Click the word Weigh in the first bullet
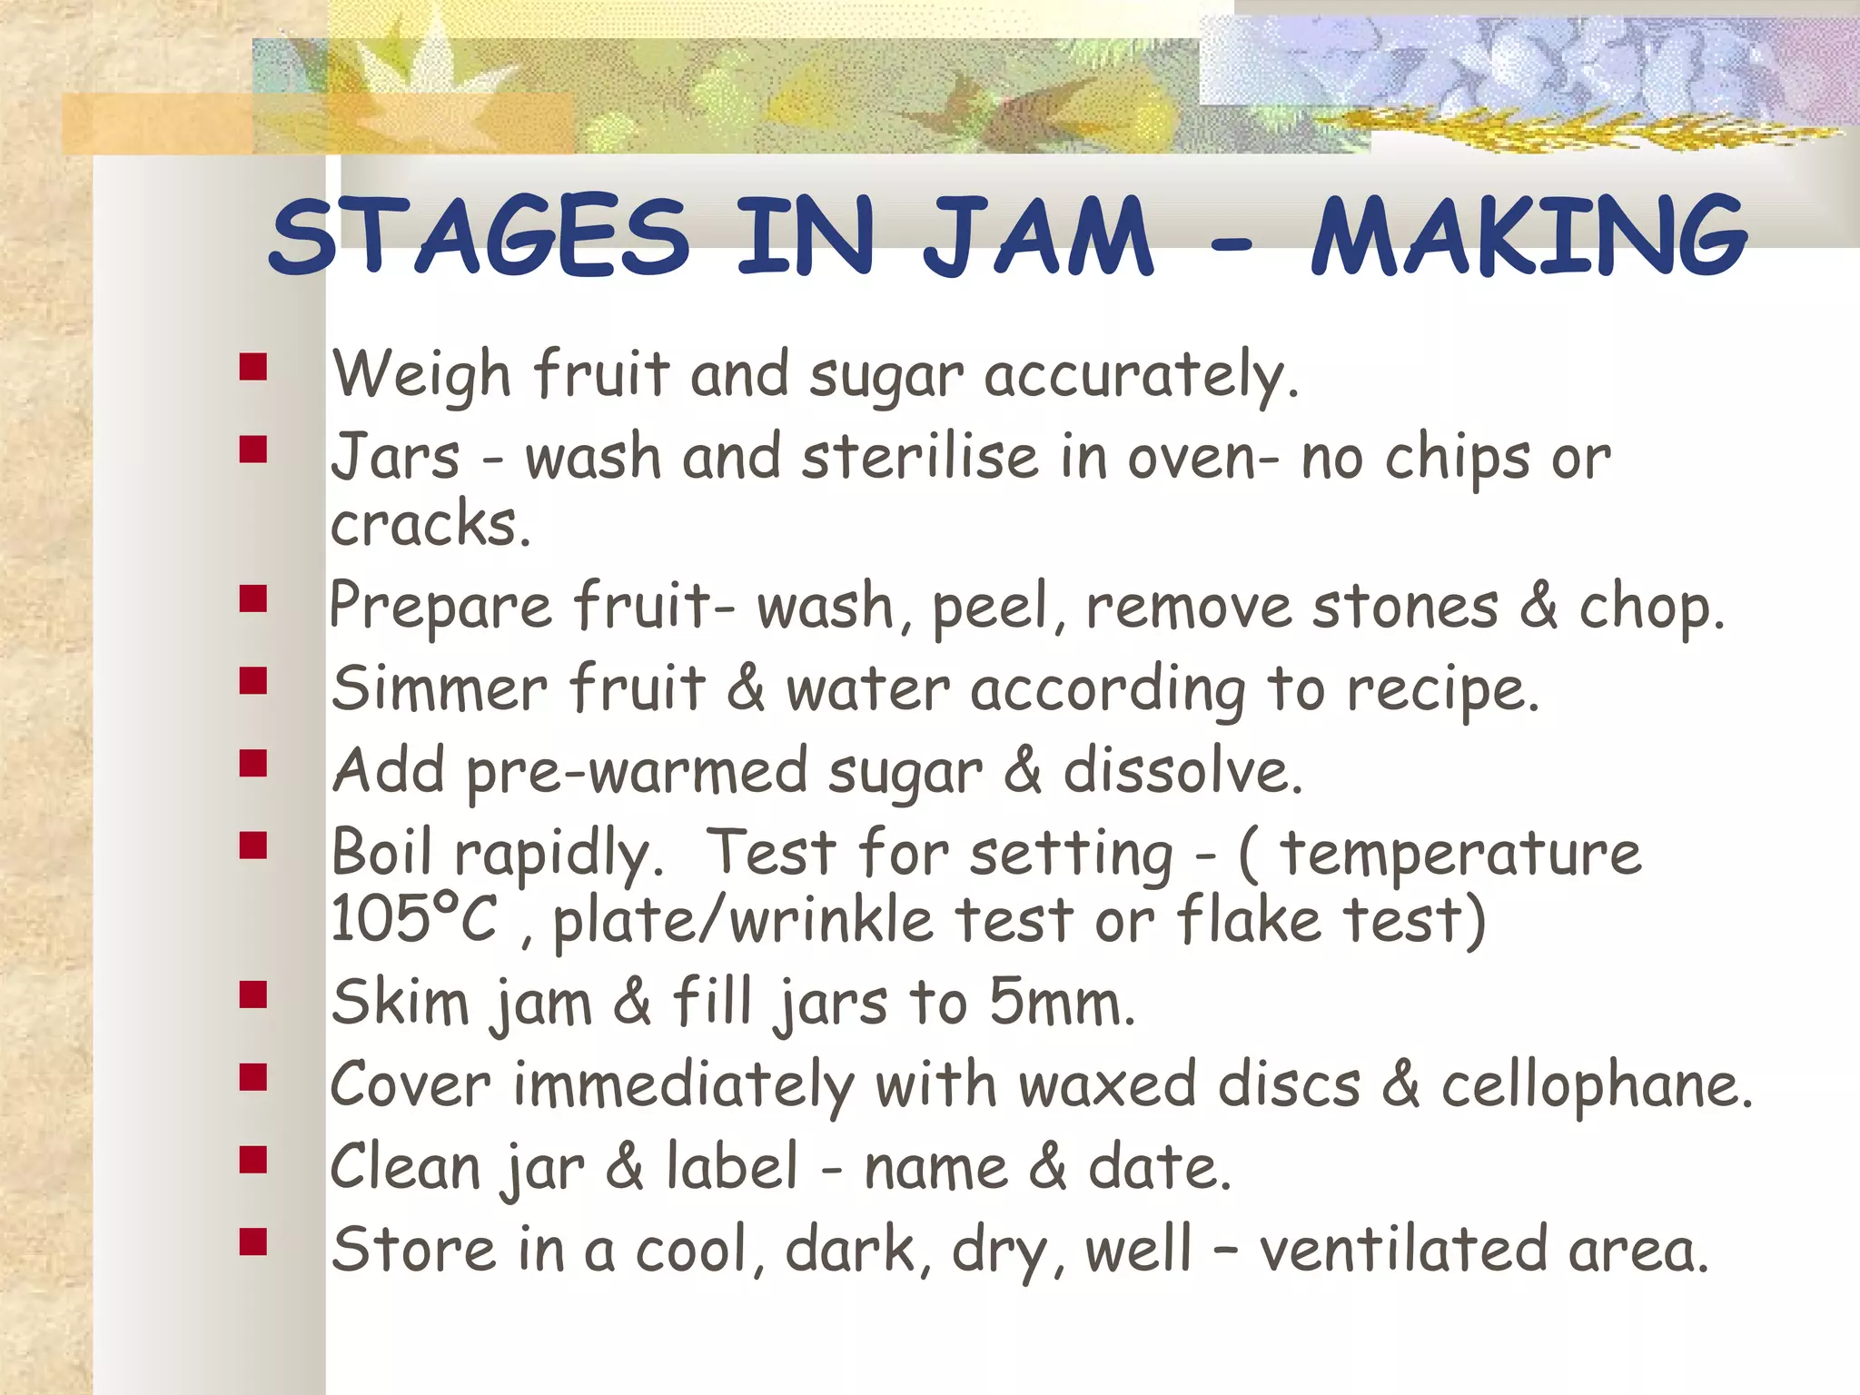(421, 375)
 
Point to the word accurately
(1142, 375)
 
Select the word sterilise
(920, 457)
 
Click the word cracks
(429, 525)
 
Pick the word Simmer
(439, 688)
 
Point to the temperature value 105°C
(414, 919)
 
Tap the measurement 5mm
(1062, 1003)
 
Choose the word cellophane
(1597, 1085)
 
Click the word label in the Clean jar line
(732, 1167)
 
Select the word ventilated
(1402, 1250)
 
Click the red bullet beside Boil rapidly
(253, 846)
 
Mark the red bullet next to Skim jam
(253, 995)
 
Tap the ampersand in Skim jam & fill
(632, 1003)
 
